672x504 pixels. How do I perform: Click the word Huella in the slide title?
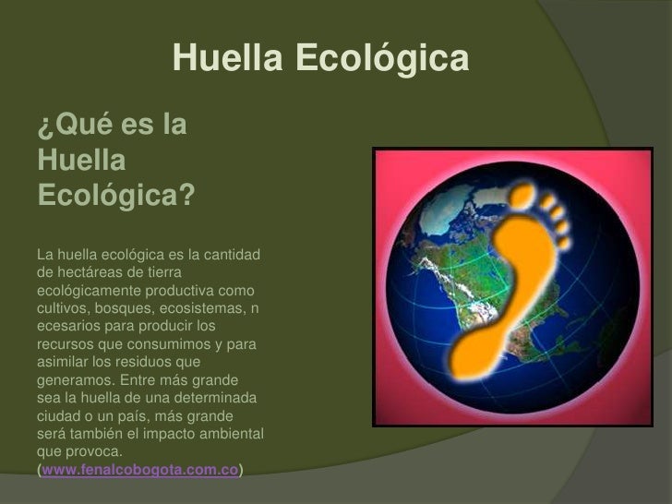[x=229, y=60]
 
